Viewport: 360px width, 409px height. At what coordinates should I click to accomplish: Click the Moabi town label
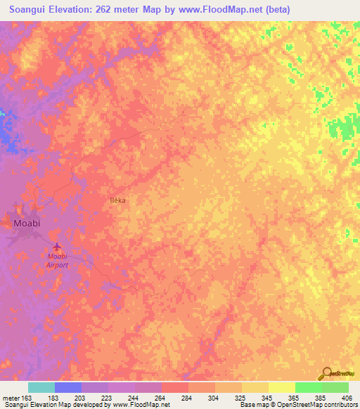(27, 223)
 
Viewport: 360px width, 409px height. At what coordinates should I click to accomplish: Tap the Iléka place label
(117, 200)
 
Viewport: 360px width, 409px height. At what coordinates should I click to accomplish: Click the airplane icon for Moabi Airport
(57, 247)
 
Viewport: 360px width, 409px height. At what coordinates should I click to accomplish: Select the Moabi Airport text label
(57, 260)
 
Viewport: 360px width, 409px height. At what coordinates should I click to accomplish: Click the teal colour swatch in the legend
(41, 387)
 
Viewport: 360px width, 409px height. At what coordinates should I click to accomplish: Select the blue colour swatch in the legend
(68, 387)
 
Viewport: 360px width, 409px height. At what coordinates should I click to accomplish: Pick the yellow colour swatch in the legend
(282, 387)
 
